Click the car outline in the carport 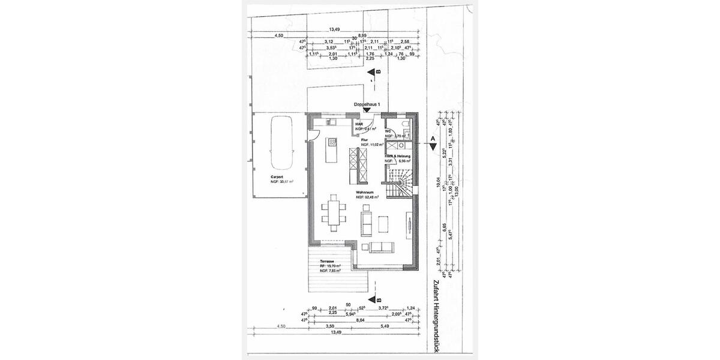280,143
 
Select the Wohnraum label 365,193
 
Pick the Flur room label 364,139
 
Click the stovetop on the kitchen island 331,143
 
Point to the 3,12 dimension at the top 329,42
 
